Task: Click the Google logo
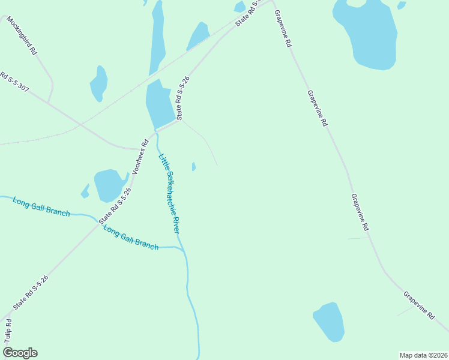click(20, 353)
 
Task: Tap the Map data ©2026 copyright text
click(423, 355)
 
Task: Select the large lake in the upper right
click(367, 33)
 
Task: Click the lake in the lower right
click(329, 322)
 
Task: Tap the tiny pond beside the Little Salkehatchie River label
click(193, 167)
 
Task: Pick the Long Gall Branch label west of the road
click(41, 206)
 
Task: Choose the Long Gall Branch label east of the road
click(130, 237)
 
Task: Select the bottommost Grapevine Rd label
click(418, 305)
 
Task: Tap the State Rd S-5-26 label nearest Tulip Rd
click(30, 292)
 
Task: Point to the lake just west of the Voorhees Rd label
click(109, 185)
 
